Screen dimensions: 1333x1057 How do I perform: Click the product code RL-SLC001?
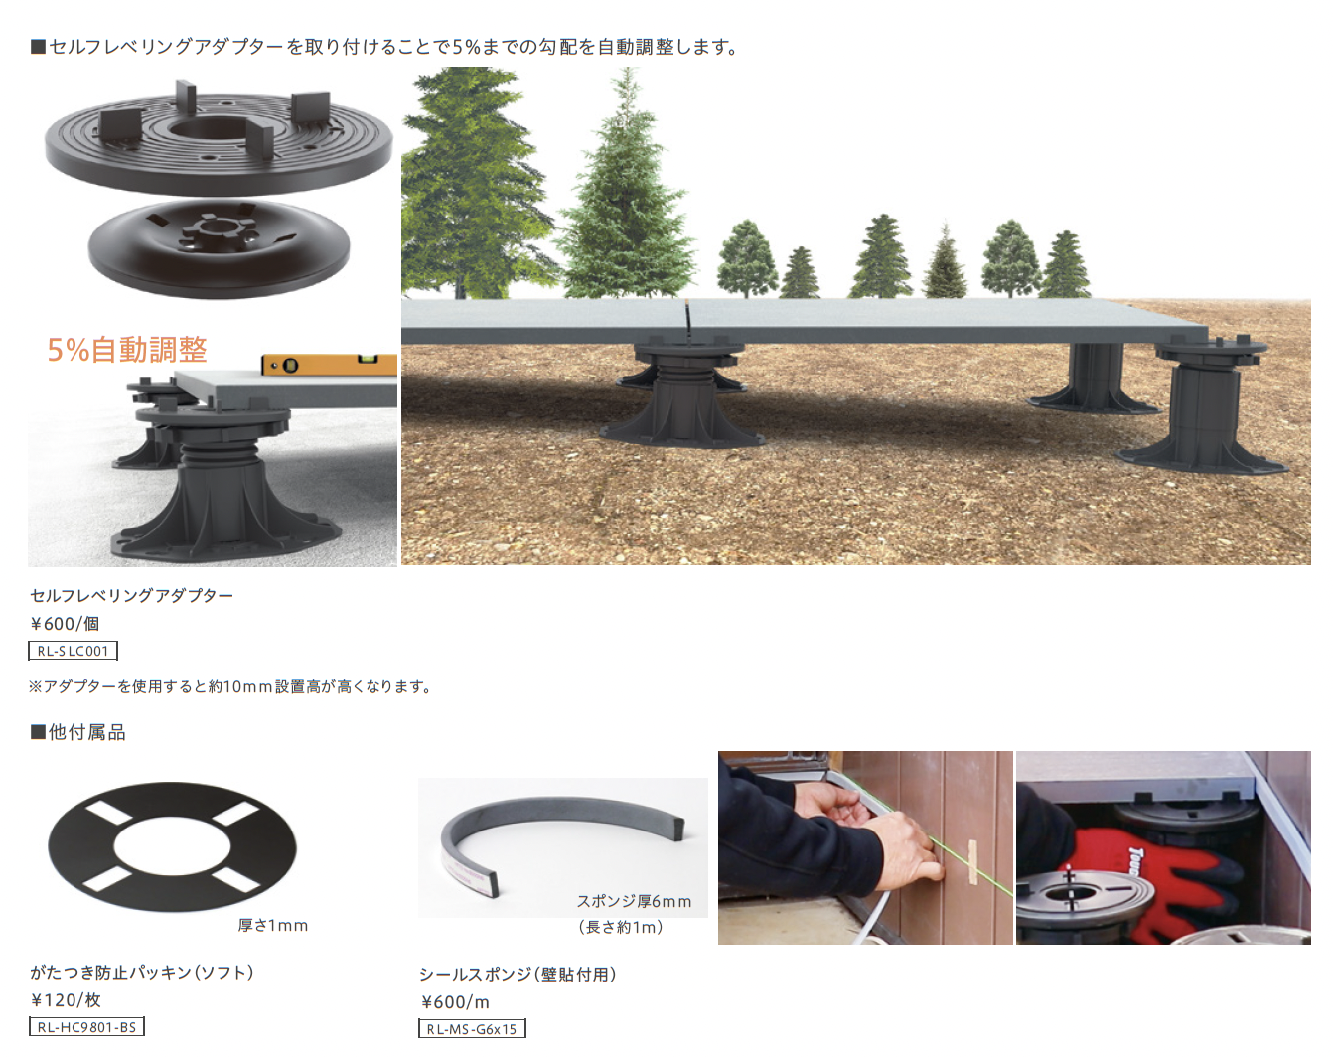pos(74,651)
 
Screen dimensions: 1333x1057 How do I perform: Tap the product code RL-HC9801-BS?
pos(86,1026)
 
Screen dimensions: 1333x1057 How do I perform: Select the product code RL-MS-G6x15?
pos(472,1028)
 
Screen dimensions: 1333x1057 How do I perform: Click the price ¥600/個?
pos(65,623)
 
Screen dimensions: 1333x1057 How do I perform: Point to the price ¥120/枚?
pos(65,999)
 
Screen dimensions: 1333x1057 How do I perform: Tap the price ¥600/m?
pos(455,1001)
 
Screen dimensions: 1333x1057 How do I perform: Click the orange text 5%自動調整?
pos(127,350)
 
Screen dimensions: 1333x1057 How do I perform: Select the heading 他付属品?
pos(78,732)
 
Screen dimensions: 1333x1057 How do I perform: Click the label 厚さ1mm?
pos(272,926)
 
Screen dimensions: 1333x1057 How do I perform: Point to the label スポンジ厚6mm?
pos(635,901)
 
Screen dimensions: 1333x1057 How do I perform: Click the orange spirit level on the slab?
pos(329,365)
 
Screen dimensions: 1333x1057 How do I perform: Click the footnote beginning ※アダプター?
pos(230,686)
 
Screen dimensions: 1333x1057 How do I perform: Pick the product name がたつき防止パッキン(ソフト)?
pos(142,972)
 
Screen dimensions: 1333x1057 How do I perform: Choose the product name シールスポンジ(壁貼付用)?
pos(518,974)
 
